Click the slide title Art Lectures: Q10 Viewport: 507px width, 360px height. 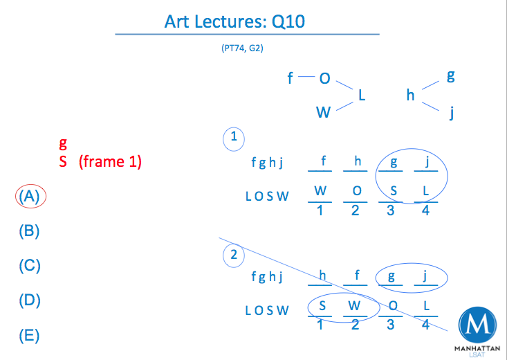coord(235,21)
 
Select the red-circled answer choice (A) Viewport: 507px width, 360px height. coord(30,196)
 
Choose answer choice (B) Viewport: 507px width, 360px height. coord(29,231)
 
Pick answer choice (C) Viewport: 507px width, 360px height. coord(29,266)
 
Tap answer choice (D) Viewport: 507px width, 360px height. coord(29,300)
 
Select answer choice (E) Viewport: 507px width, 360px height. coord(29,336)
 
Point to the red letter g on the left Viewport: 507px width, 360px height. coord(63,143)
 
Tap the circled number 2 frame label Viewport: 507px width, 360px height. coord(234,255)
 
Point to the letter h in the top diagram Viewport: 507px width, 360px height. coord(410,95)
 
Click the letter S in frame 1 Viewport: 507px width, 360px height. coord(391,191)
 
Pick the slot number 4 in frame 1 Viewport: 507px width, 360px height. coord(425,211)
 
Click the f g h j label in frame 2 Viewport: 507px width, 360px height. coord(267,278)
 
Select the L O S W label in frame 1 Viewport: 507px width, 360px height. coord(267,196)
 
